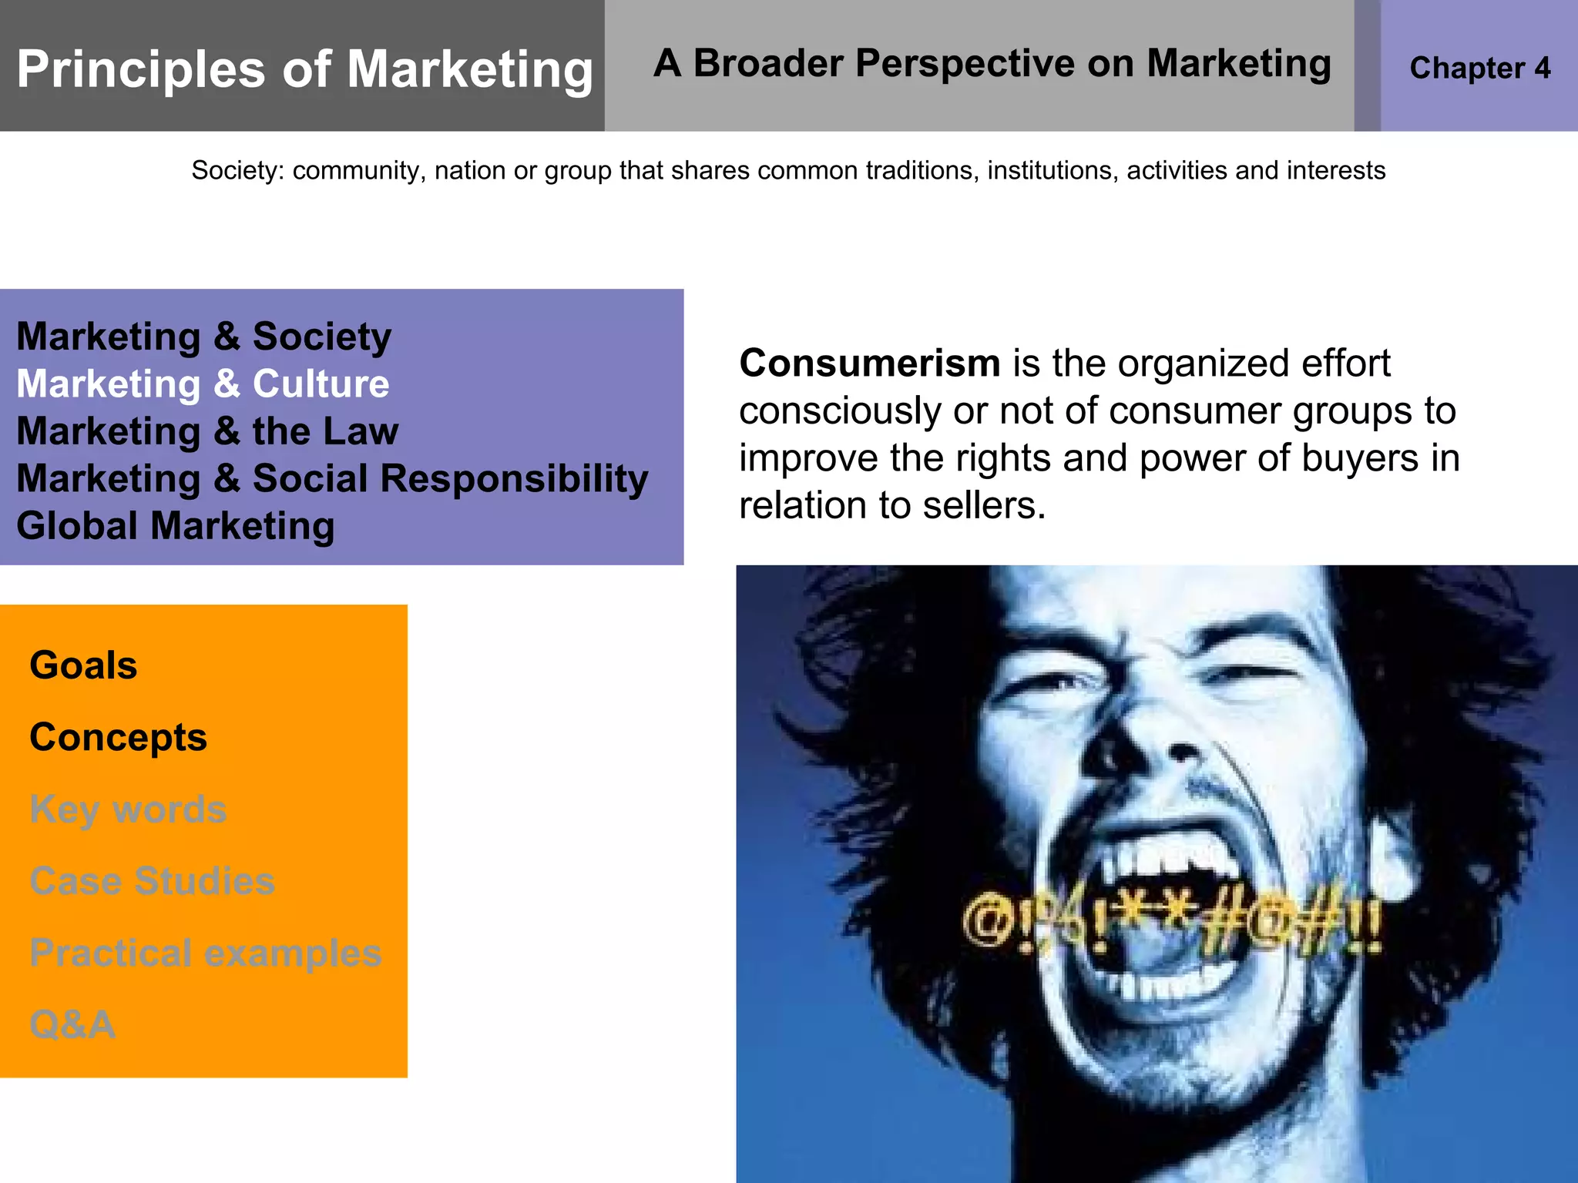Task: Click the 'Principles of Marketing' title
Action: tap(305, 69)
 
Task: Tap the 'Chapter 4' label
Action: tap(1479, 68)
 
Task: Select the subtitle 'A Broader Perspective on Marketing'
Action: tap(992, 63)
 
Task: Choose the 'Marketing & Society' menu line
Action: tap(204, 337)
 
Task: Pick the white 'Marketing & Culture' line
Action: tap(203, 384)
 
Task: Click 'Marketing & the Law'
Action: tap(207, 431)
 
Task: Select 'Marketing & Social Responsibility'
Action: tap(332, 478)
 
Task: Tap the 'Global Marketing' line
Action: tap(176, 526)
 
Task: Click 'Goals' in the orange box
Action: tap(83, 665)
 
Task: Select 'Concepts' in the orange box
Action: tap(118, 737)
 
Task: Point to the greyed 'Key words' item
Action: tap(128, 809)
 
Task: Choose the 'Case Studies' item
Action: tap(152, 880)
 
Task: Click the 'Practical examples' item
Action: tap(205, 953)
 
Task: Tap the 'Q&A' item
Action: tap(72, 1024)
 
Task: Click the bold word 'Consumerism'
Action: tap(870, 363)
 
